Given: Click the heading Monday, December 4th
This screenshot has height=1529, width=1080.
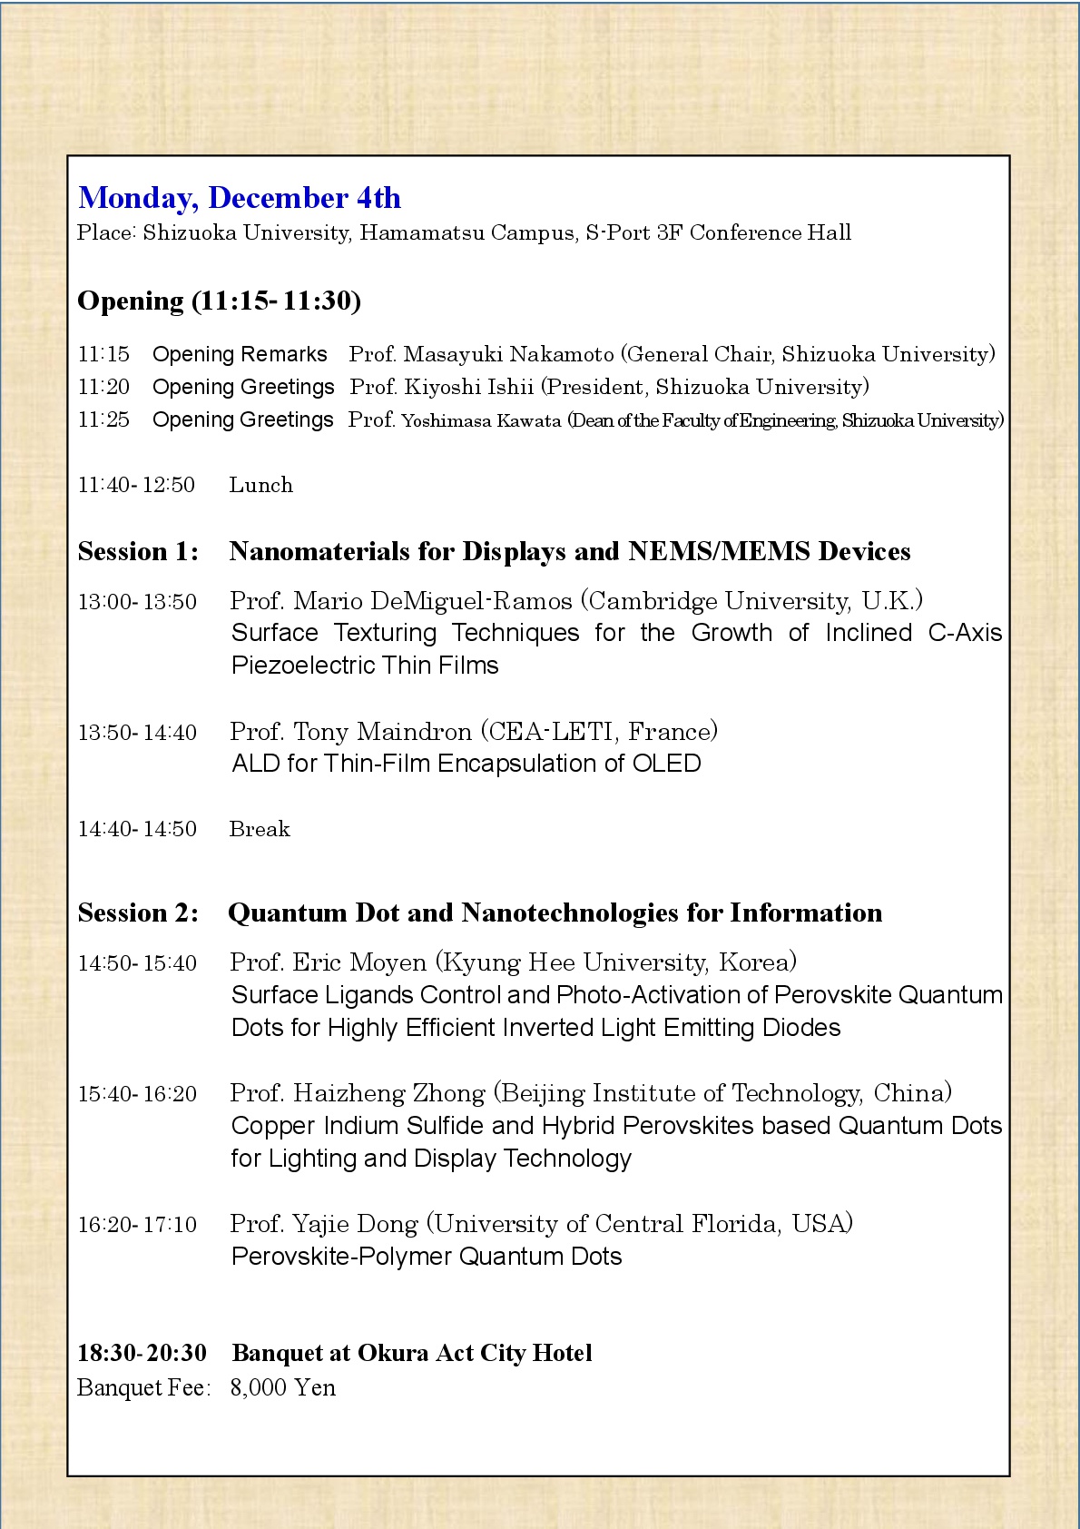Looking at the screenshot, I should point(240,198).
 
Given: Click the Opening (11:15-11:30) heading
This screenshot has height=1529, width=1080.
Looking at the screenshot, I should point(219,301).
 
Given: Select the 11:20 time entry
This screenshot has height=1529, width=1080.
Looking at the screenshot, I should point(103,387).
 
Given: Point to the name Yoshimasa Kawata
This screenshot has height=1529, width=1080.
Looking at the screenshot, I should point(481,420).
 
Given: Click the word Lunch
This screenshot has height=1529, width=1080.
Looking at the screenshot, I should point(261,485).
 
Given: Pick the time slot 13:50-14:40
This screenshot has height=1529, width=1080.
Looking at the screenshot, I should point(137,732).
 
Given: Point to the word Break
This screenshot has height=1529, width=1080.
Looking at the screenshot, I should point(260,829).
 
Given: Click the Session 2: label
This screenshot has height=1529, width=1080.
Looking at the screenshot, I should point(138,912).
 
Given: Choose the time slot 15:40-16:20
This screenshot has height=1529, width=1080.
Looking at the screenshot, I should point(137,1093).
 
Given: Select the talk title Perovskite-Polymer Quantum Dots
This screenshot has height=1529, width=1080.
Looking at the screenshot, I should point(427,1257).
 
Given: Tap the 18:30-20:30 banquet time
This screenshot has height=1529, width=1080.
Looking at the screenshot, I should point(142,1353).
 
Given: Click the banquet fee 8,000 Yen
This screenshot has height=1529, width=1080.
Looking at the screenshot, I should point(282,1387).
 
